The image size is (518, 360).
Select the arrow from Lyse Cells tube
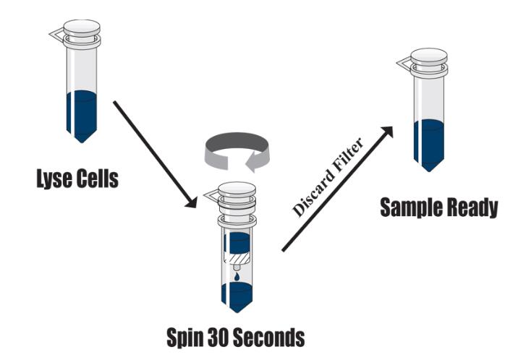tap(152, 152)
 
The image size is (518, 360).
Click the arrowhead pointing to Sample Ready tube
tap(388, 131)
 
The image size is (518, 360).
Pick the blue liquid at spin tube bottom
tap(237, 296)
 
